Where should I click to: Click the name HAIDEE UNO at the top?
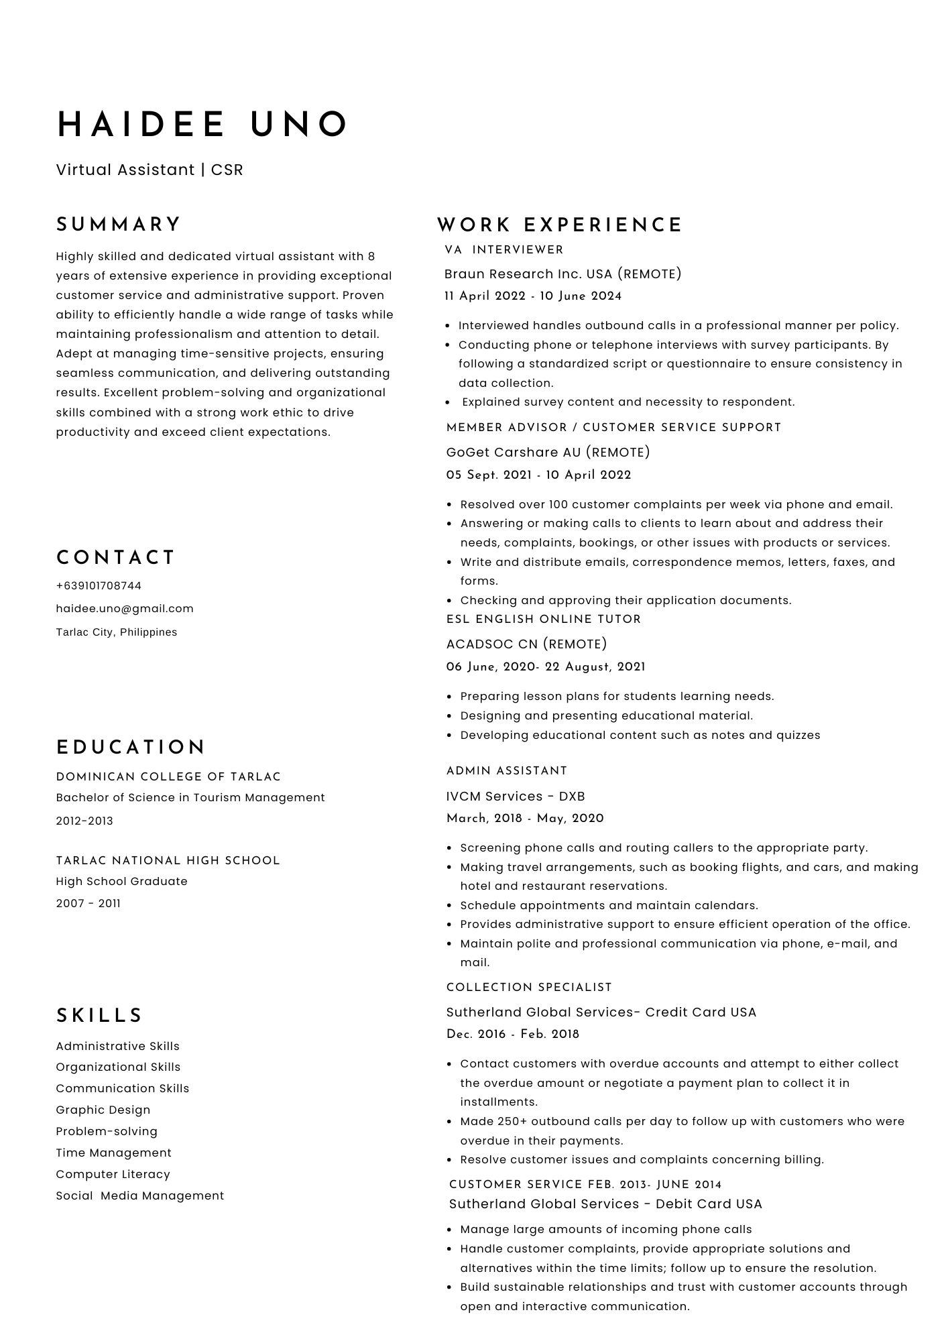point(202,125)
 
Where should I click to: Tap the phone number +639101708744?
point(99,586)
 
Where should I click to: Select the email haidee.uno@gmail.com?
point(125,609)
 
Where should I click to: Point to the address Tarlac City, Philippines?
point(117,632)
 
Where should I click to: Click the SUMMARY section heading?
point(119,225)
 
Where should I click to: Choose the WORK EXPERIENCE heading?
point(560,225)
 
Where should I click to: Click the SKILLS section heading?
point(99,1016)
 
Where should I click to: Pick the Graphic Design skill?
point(103,1110)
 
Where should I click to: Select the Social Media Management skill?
point(140,1196)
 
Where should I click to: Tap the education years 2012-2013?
point(84,821)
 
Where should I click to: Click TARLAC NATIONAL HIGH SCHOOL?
point(168,860)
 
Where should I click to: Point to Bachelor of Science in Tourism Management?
point(190,798)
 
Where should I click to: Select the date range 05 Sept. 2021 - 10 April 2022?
point(538,475)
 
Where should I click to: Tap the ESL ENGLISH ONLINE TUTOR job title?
point(544,620)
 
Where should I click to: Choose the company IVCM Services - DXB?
point(516,797)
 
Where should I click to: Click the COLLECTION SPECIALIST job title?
point(529,987)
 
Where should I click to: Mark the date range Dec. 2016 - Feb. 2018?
point(513,1034)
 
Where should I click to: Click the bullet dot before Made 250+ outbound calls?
point(449,1121)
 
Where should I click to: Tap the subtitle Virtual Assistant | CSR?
point(150,170)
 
